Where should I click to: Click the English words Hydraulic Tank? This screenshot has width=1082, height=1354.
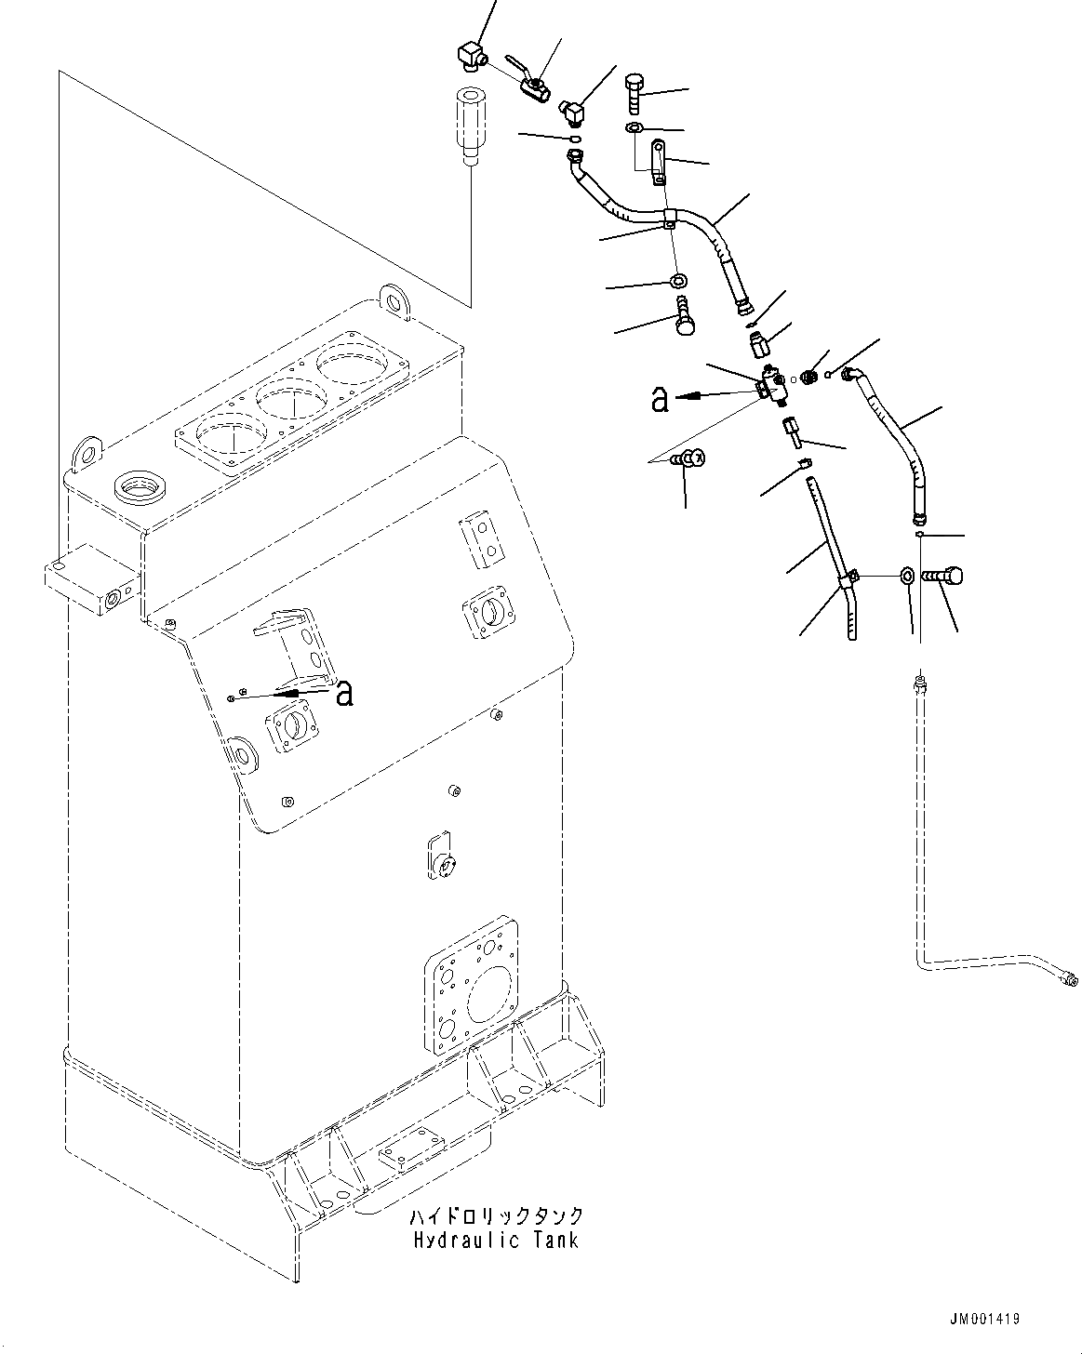[x=493, y=1240]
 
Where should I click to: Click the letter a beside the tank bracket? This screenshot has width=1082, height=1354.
[x=344, y=693]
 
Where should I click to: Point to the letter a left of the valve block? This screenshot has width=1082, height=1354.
[x=660, y=399]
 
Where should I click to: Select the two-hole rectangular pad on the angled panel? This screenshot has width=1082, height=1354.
[x=481, y=538]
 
